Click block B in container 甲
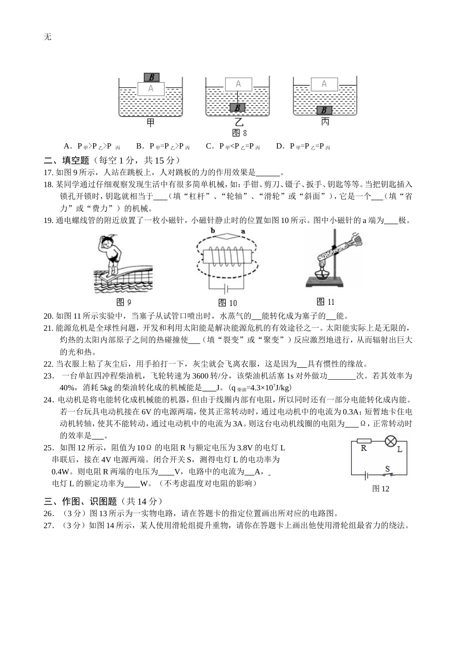click(151, 77)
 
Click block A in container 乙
click(238, 84)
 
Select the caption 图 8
click(239, 133)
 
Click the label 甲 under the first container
click(151, 123)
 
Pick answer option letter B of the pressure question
click(139, 147)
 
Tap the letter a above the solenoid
click(243, 231)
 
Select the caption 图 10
click(228, 303)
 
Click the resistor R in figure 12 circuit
click(364, 441)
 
